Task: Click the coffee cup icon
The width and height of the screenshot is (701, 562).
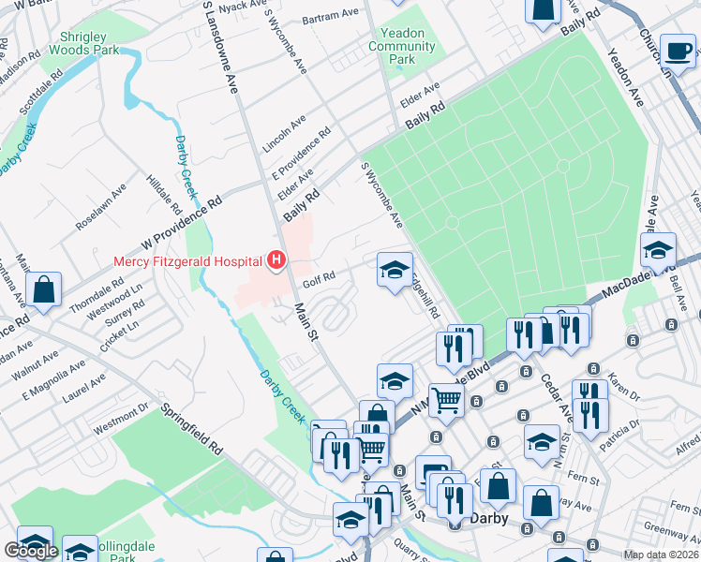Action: point(677,51)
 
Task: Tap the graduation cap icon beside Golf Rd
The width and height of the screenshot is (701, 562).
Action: point(395,270)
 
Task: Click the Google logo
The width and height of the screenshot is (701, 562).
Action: point(31,551)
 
